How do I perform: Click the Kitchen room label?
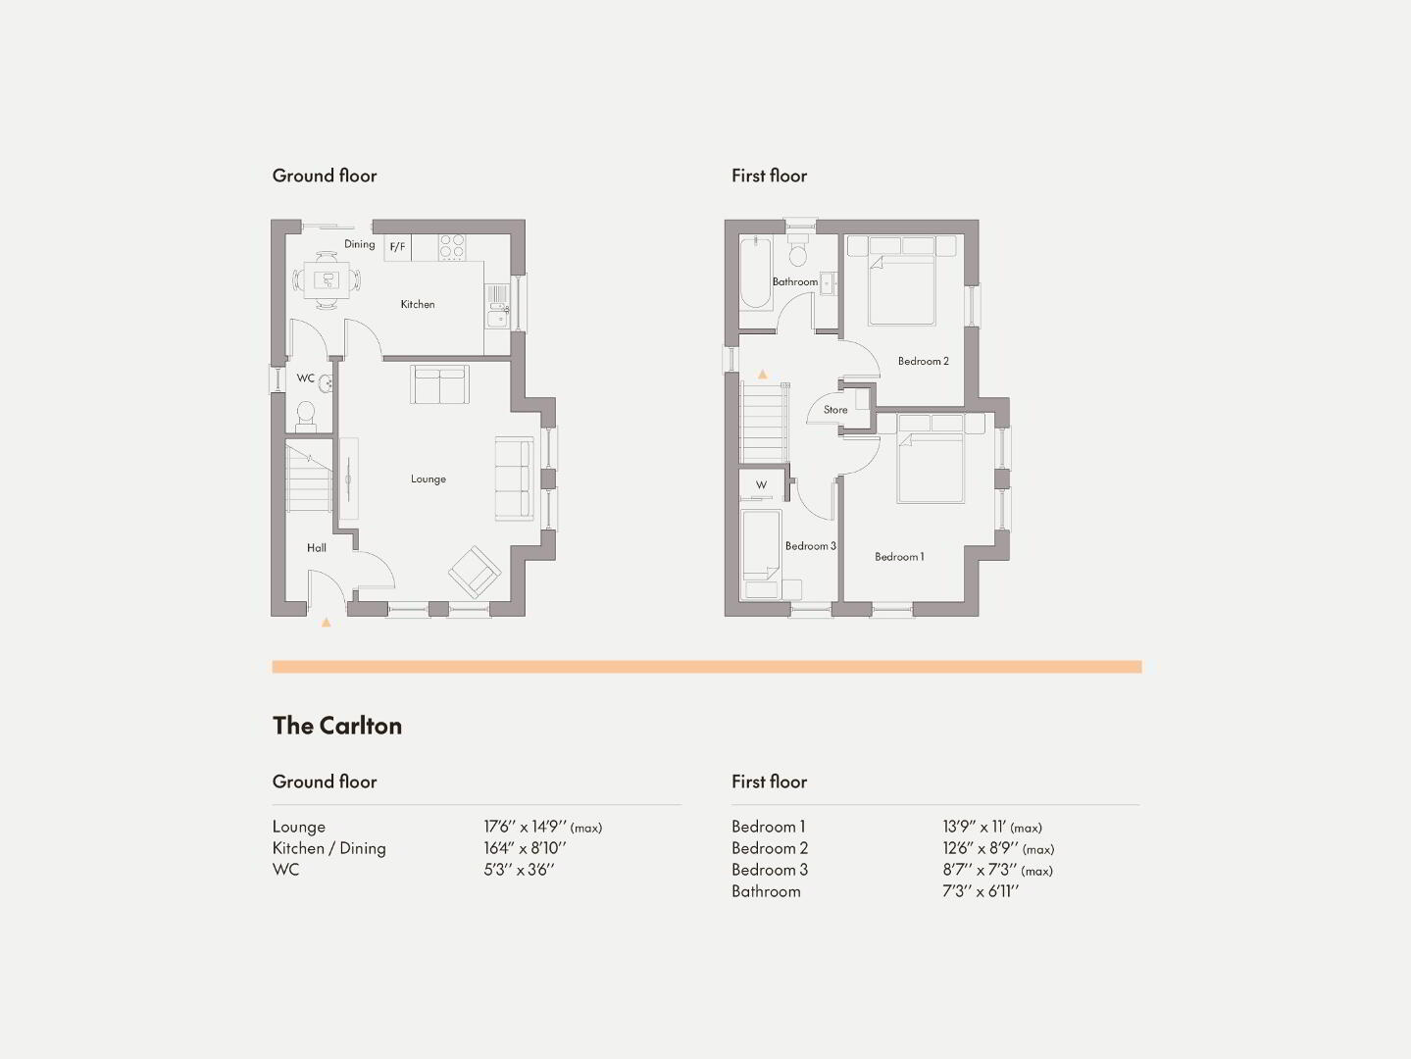click(x=417, y=304)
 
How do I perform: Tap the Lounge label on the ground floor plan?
click(x=428, y=479)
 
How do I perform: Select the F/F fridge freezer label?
click(x=397, y=247)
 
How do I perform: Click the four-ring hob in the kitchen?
click(x=452, y=247)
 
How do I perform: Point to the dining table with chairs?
click(x=327, y=280)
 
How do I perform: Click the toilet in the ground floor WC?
click(x=305, y=417)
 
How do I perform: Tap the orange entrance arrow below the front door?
click(x=327, y=622)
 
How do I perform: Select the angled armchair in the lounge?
click(x=475, y=572)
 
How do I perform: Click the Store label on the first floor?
click(x=835, y=409)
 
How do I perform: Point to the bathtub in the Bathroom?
click(x=756, y=275)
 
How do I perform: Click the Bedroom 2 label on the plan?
click(x=923, y=361)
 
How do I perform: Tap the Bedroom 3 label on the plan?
click(x=810, y=545)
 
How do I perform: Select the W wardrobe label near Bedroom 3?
click(x=761, y=484)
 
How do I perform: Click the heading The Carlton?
click(x=337, y=726)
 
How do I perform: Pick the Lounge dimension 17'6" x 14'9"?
click(x=525, y=827)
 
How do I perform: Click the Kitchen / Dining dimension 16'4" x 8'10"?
click(x=525, y=848)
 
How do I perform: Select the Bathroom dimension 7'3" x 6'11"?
click(x=981, y=891)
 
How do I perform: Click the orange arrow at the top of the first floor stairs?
click(x=763, y=374)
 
